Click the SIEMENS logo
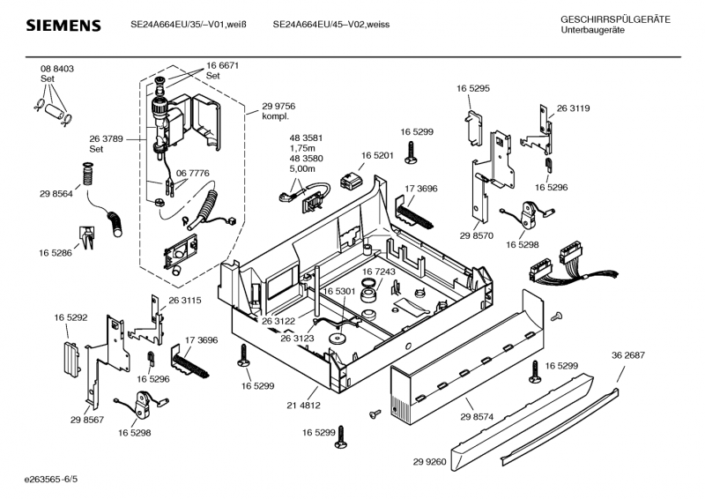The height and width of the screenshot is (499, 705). pos(63,26)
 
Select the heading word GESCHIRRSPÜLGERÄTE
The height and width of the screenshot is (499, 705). pos(615,19)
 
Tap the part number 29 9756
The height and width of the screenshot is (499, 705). pos(278,106)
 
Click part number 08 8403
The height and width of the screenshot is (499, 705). pos(56,69)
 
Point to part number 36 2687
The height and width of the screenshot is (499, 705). pos(628,355)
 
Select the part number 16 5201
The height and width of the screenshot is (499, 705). pos(376,156)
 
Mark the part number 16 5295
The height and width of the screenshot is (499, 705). pos(473,88)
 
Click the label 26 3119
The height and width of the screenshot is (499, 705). pos(573,108)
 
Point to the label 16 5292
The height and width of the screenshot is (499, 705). pos(70,316)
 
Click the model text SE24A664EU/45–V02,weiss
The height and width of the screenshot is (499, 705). pos(331,24)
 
